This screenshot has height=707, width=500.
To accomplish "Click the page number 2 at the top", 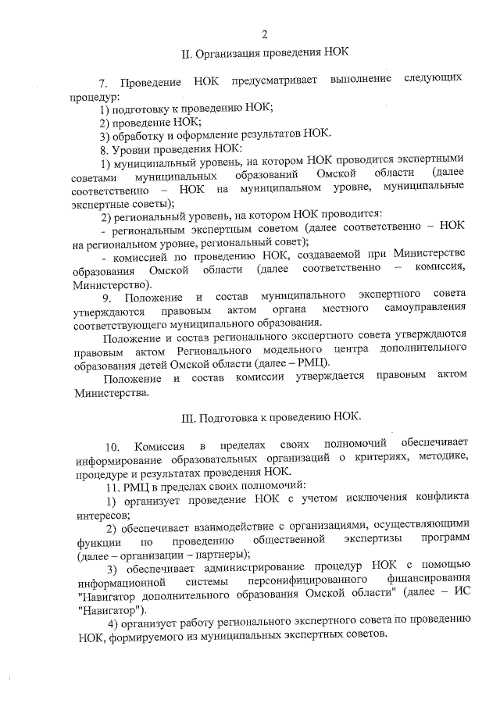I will [264, 33].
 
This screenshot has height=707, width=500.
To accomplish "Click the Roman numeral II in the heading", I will [185, 54].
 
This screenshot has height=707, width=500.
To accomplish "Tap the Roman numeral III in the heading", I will [187, 417].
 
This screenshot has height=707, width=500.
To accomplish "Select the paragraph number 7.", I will [103, 83].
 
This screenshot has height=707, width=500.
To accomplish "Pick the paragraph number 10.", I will [111, 446].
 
